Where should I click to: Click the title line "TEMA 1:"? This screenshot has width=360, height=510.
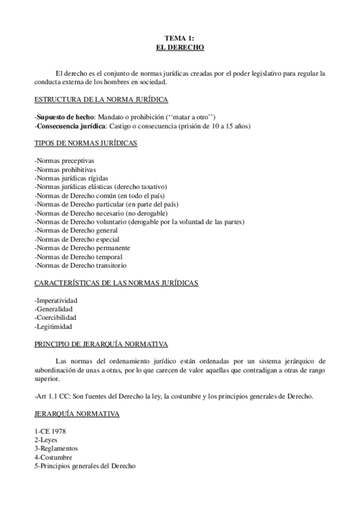point(180,37)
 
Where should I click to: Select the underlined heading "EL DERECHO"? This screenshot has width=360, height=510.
point(180,46)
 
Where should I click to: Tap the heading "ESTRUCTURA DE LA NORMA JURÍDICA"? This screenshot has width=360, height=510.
point(101,99)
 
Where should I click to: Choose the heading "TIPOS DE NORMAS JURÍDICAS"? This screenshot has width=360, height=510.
point(86,143)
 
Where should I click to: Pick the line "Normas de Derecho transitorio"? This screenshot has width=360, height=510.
point(81,265)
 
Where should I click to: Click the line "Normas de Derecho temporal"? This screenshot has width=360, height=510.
point(79,256)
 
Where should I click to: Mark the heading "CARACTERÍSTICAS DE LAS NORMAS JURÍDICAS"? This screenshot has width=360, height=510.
point(117,283)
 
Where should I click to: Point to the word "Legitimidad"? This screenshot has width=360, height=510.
point(54,327)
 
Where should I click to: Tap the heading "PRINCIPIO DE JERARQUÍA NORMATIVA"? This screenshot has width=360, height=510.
point(101,344)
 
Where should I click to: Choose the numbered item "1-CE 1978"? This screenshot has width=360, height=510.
point(51,431)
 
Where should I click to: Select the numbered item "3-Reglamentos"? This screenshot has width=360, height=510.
point(56,449)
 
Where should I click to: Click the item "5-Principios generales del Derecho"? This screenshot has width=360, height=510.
point(85,466)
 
